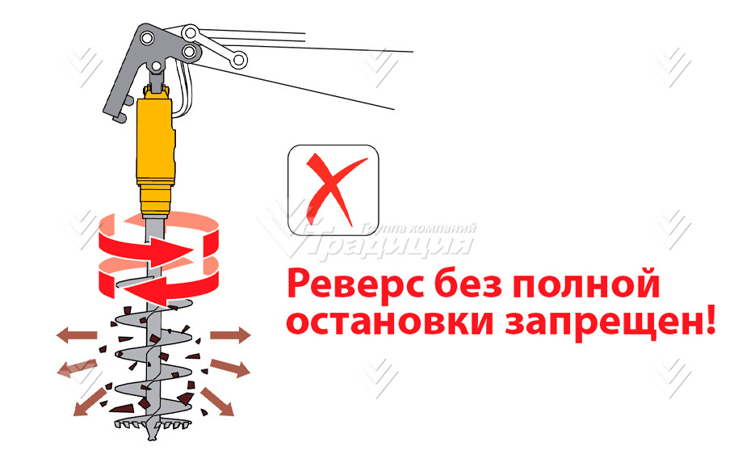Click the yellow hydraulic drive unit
point(155,154)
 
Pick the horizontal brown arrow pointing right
point(231,334)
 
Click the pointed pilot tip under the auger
point(153,436)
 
